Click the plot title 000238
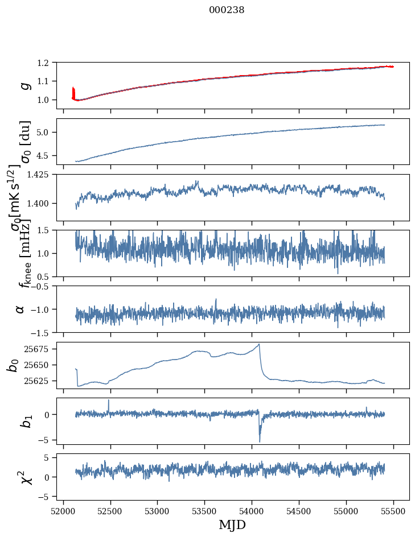pos(227,10)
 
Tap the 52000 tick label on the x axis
pos(63,511)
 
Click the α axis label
pos(20,309)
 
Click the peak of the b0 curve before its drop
pos(259,344)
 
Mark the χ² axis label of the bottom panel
pos(25,477)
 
